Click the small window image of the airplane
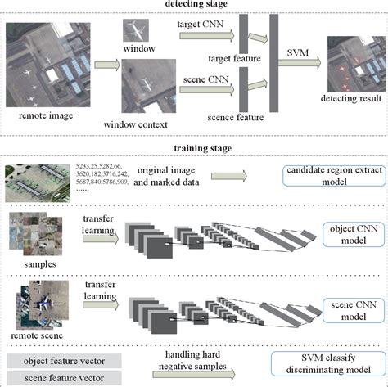click(135, 31)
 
